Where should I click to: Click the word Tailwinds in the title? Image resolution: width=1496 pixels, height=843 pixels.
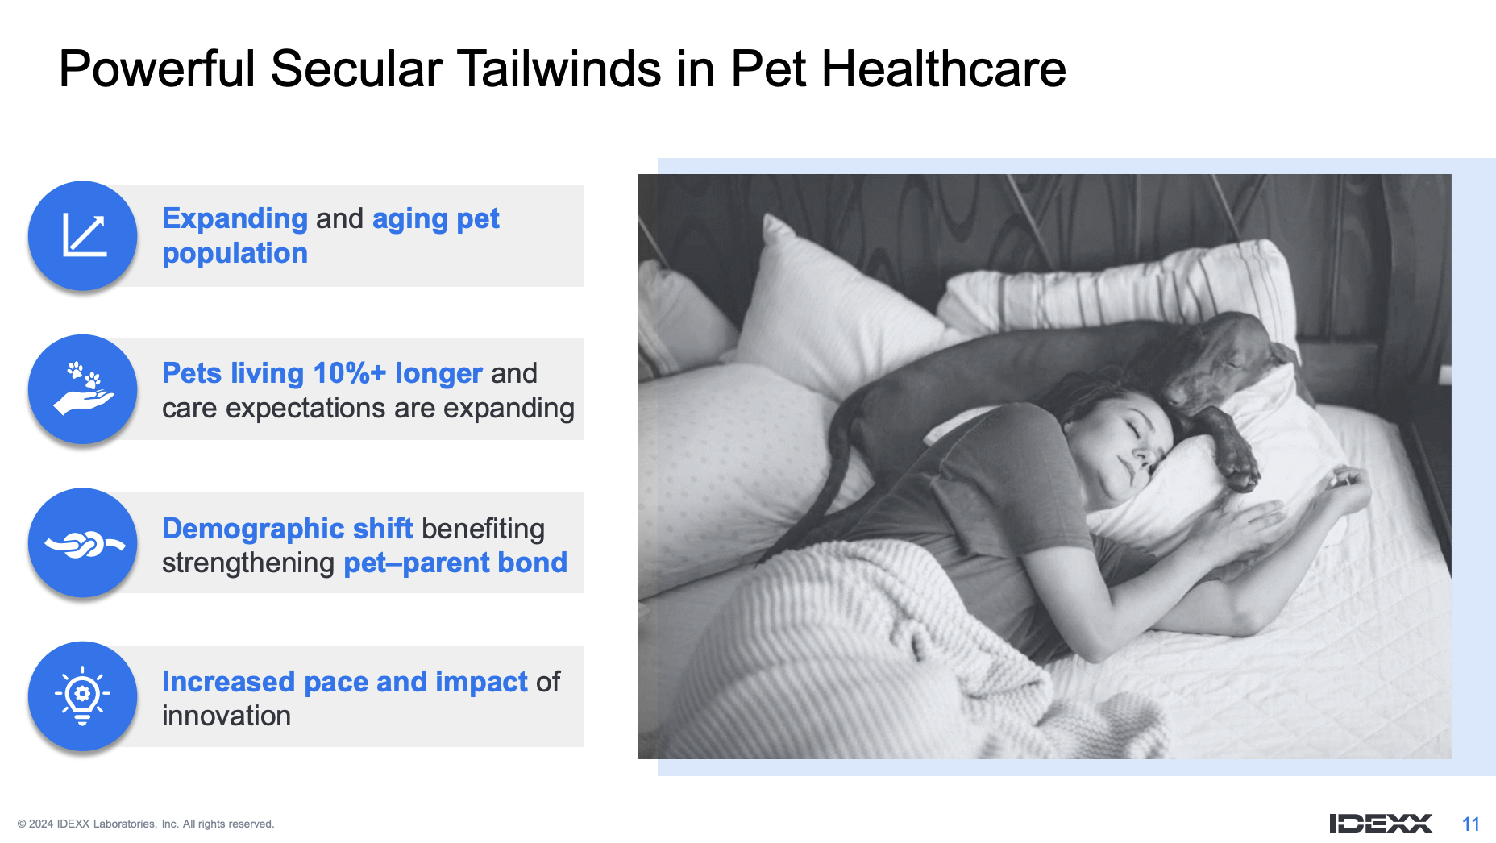(x=559, y=69)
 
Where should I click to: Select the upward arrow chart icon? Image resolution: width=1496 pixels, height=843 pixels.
(x=85, y=235)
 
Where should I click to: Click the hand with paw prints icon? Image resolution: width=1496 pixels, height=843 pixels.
(x=84, y=388)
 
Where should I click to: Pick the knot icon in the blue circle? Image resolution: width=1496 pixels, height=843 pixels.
(x=85, y=544)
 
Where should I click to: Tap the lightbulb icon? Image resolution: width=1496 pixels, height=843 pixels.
(x=82, y=696)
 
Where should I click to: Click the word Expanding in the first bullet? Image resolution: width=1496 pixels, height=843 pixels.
(x=235, y=219)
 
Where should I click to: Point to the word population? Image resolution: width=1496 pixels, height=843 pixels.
(x=235, y=254)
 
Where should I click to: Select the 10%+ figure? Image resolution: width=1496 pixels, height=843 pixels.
(x=349, y=373)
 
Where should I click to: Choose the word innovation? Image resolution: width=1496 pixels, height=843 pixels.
(x=226, y=716)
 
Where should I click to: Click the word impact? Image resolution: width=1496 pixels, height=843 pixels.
(x=481, y=683)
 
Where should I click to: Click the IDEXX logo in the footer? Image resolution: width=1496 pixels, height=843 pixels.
(x=1381, y=823)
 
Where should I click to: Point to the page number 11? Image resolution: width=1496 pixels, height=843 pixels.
(x=1471, y=824)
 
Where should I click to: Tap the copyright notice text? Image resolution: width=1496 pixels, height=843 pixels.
(x=146, y=824)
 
